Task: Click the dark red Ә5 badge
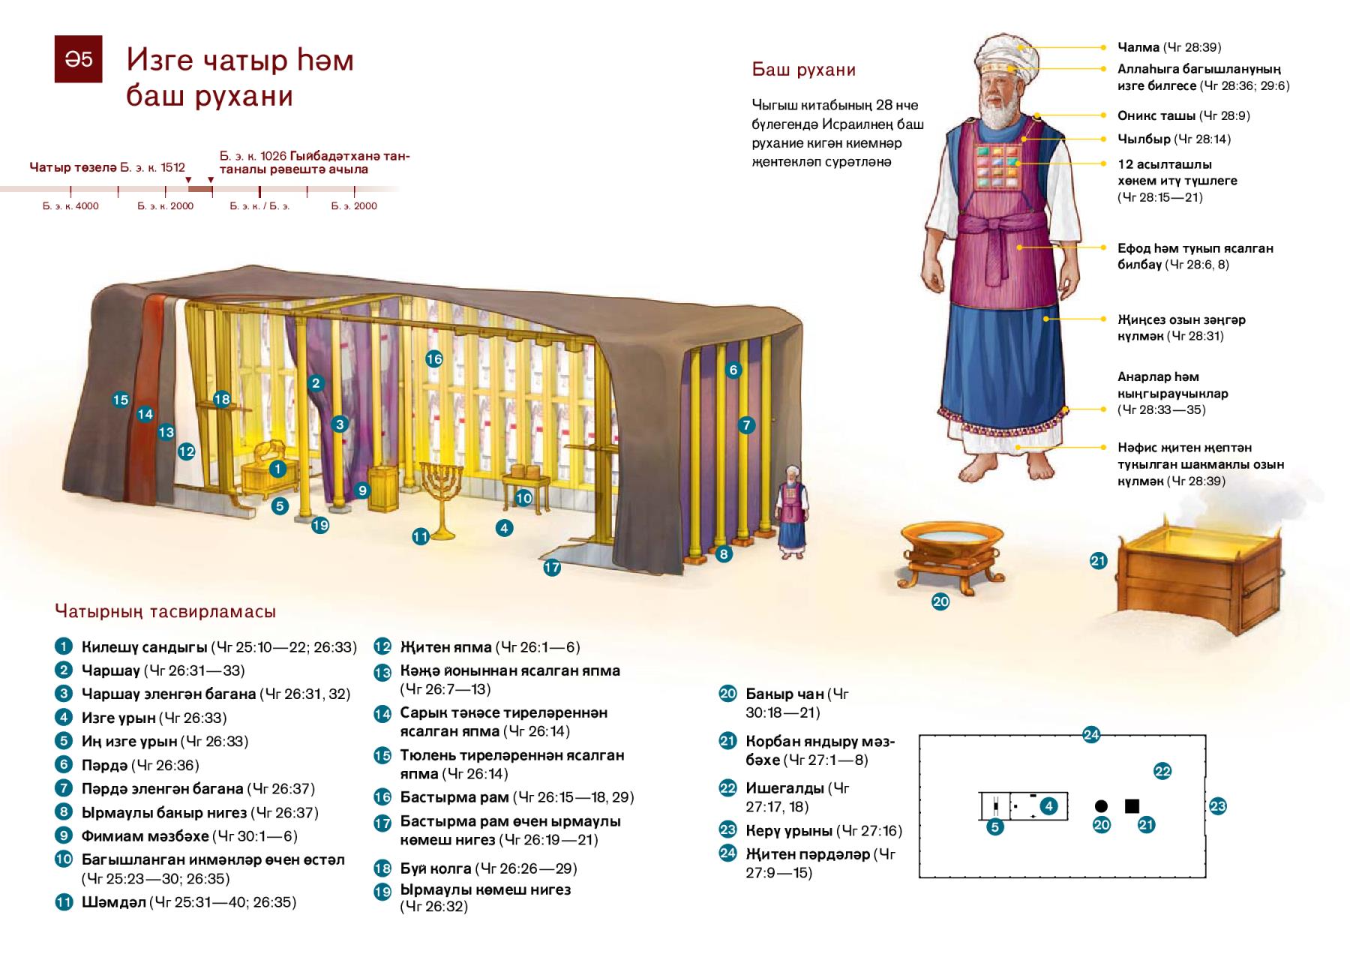coord(78,58)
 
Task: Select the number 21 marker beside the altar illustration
coord(1098,560)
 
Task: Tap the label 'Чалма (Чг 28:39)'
coord(1169,47)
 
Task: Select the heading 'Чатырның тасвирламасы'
coord(166,611)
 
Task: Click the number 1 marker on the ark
coord(277,469)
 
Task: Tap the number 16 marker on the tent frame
coord(434,358)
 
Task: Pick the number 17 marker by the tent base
coord(552,568)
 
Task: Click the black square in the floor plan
coord(1132,806)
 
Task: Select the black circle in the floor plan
coord(1101,806)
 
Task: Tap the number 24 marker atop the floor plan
coord(1091,735)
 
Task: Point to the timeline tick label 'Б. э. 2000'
coord(354,205)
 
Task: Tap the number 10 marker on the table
coord(523,498)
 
